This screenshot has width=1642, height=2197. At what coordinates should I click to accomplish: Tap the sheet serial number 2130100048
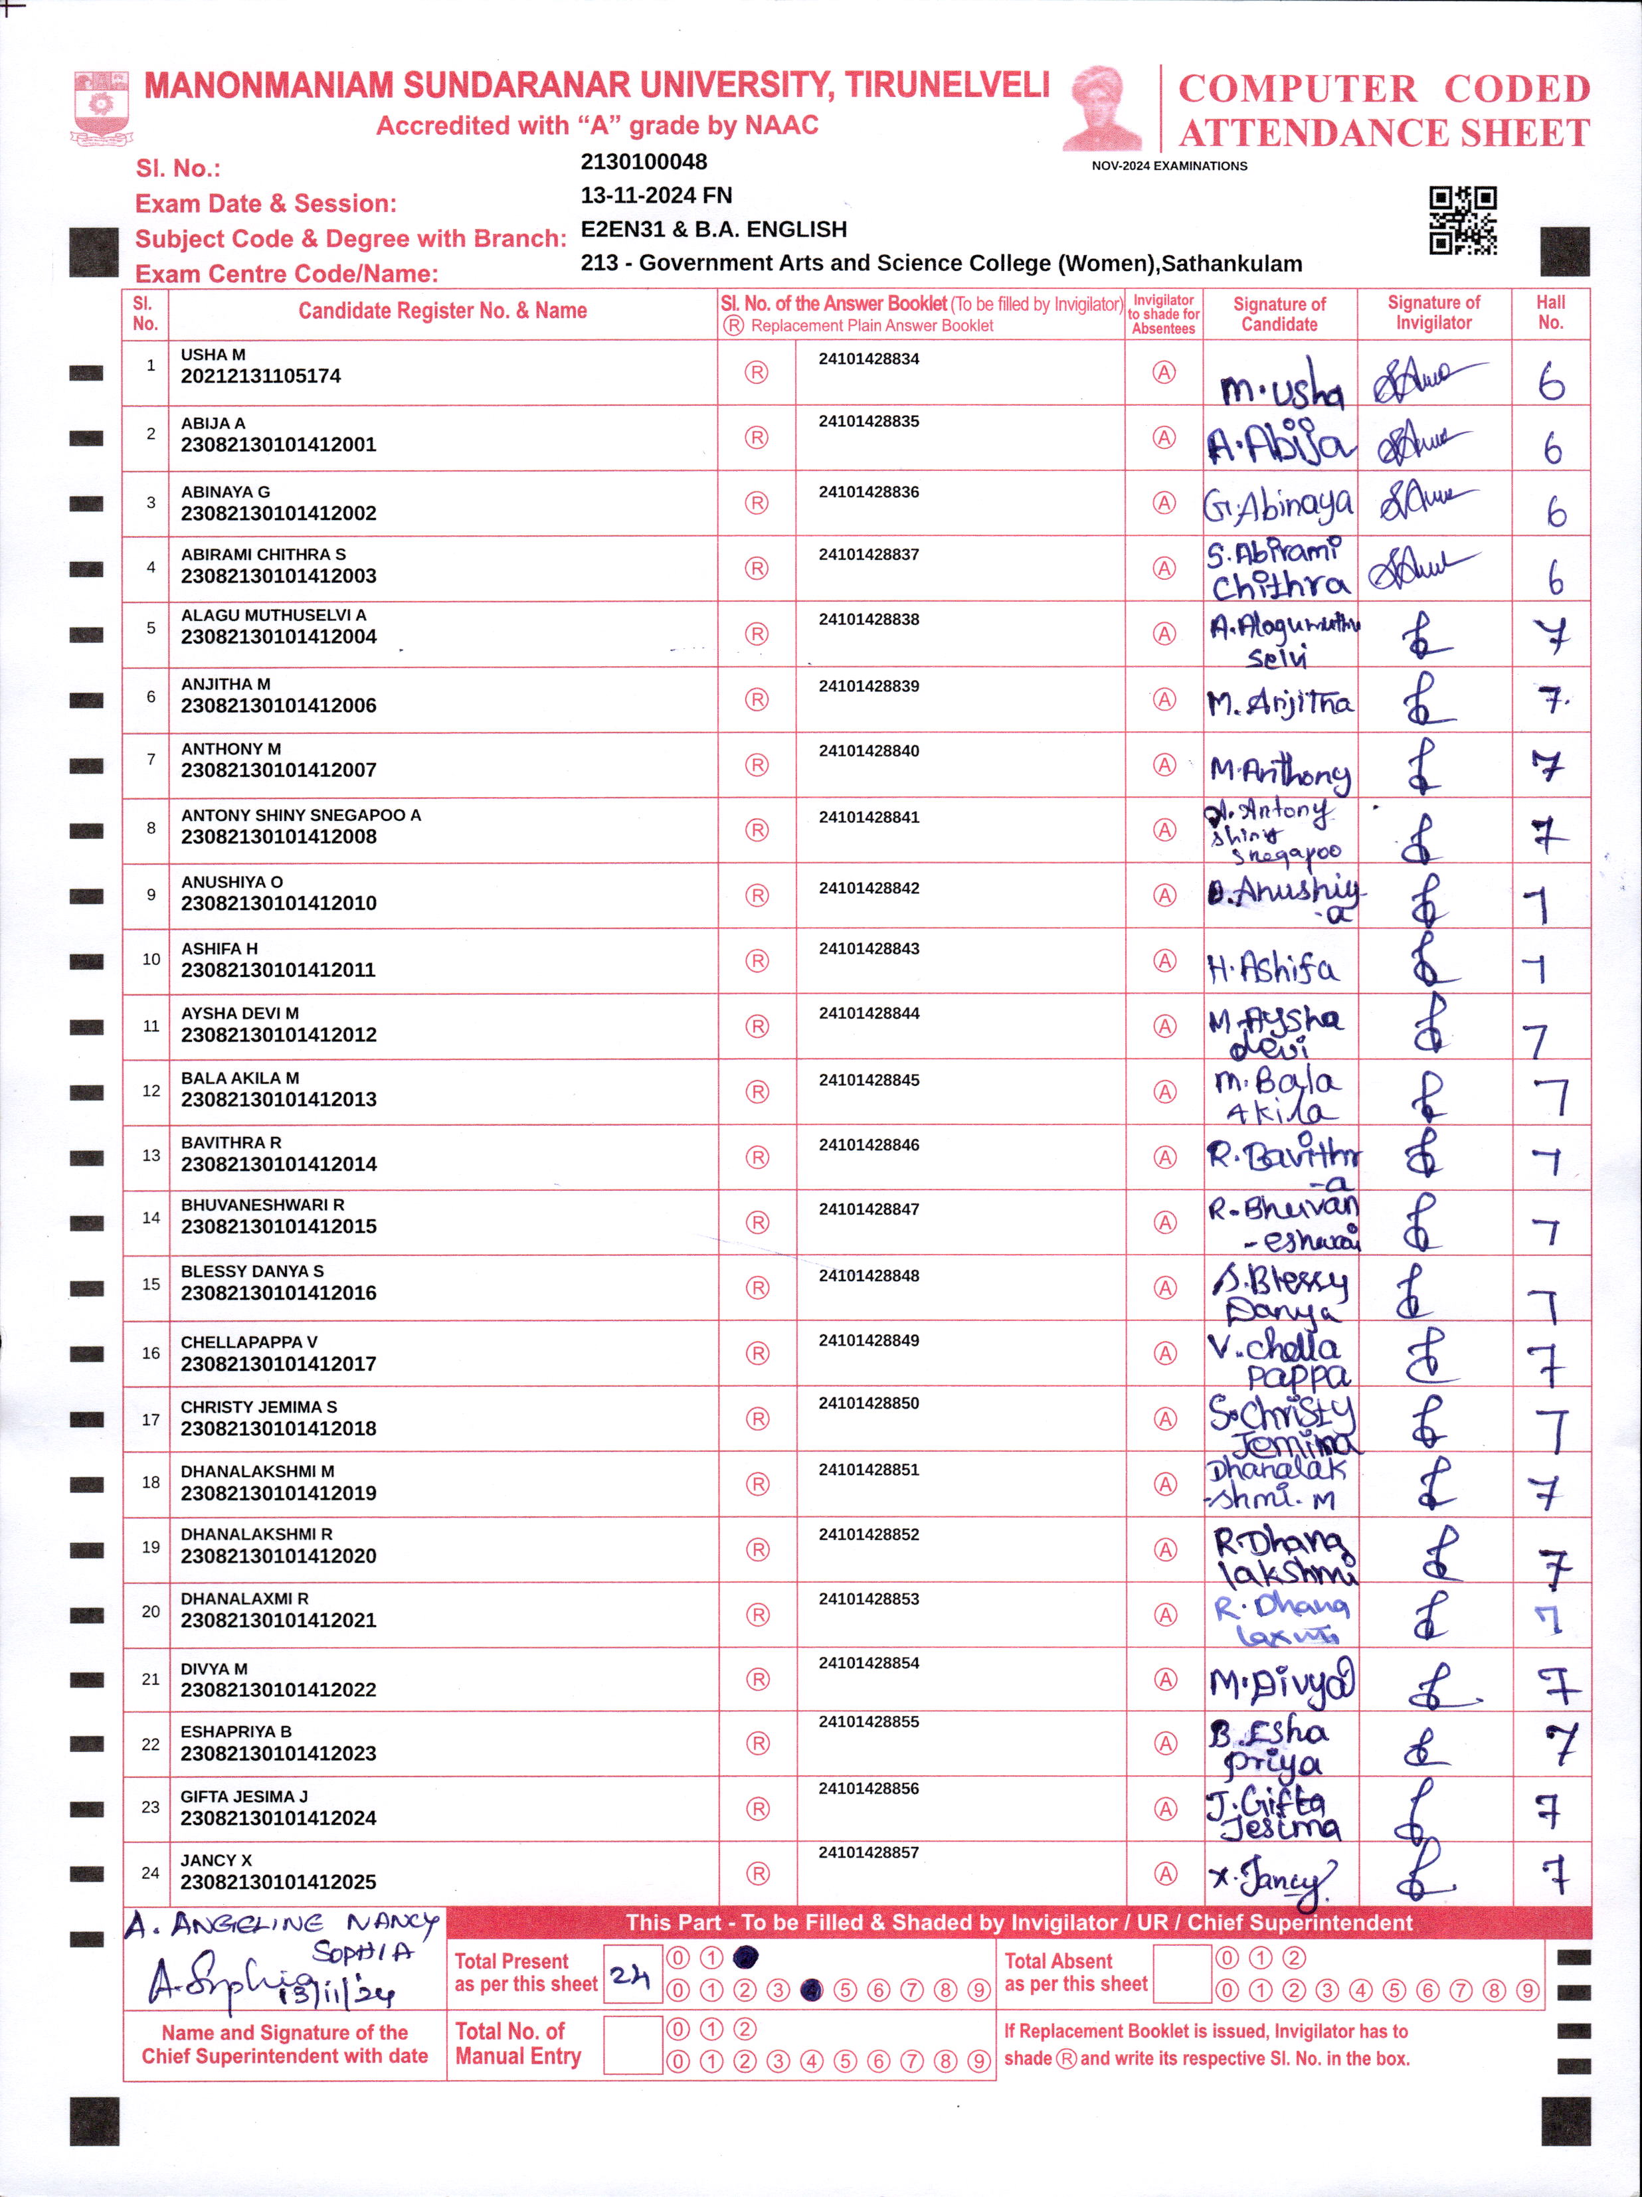[x=644, y=162]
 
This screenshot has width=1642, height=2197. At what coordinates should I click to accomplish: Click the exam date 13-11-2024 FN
[x=656, y=196]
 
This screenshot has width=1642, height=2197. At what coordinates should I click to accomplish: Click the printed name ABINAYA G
[x=225, y=491]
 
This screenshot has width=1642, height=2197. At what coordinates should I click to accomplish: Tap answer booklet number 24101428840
[x=868, y=751]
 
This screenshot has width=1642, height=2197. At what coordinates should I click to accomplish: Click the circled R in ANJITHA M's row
[x=757, y=699]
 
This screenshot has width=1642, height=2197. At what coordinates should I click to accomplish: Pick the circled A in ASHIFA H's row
[x=1164, y=960]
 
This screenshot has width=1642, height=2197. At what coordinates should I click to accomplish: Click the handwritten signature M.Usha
[x=1281, y=385]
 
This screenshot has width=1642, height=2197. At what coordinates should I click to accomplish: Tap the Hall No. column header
[x=1550, y=313]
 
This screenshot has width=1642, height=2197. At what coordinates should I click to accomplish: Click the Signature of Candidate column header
[x=1279, y=314]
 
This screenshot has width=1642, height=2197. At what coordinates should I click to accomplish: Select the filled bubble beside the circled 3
[x=812, y=1989]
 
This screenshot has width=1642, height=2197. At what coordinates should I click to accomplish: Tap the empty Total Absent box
[x=1182, y=1975]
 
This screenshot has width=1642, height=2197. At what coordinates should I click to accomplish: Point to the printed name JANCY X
[x=217, y=1860]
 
